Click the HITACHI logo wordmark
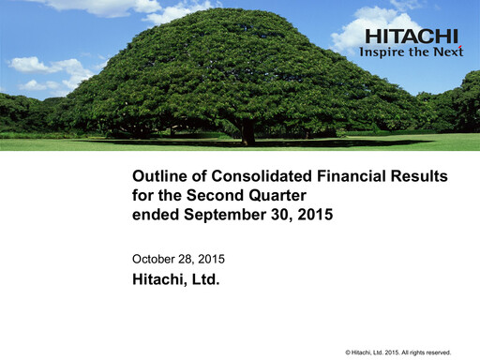tap(412, 37)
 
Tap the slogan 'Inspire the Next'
tap(412, 52)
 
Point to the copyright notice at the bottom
tap(398, 351)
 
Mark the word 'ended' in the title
tap(154, 214)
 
